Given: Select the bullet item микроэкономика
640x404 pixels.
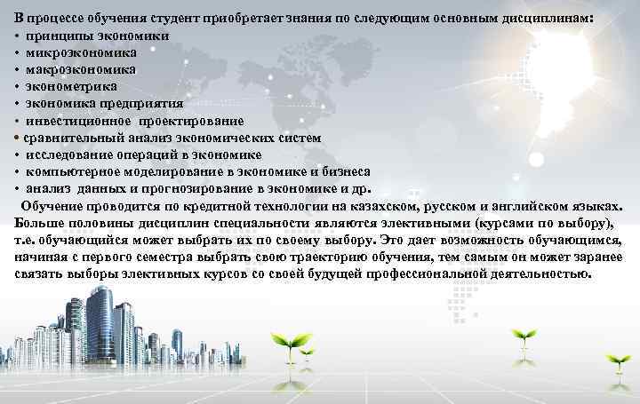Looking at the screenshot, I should click(79, 52).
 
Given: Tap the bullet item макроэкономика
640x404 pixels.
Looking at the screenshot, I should click(80, 69).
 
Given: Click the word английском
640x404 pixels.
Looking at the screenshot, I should click(524, 206).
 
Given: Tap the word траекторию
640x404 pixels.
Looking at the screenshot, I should click(313, 257).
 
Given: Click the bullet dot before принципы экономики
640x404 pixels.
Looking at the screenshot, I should click(18, 36).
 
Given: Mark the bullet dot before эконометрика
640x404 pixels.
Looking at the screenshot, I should click(18, 87).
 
